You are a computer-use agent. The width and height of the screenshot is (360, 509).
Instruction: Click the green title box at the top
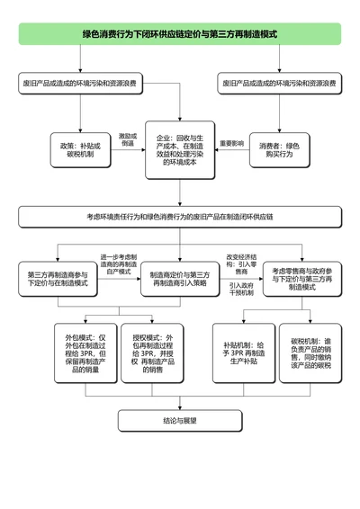pyautogui.click(x=180, y=34)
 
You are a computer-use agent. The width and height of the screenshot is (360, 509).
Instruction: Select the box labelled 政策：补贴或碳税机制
pyautogui.click(x=80, y=148)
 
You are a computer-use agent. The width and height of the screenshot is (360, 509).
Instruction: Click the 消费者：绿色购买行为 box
pyautogui.click(x=279, y=148)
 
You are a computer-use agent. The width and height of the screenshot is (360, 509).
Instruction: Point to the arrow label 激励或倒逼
pyautogui.click(x=127, y=139)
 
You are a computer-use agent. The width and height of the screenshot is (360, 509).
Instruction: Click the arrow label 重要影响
pyautogui.click(x=231, y=143)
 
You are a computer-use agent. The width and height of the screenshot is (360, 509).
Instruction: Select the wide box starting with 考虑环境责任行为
pyautogui.click(x=180, y=218)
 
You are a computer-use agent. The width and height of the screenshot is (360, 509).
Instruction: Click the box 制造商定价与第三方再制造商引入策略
pyautogui.click(x=179, y=278)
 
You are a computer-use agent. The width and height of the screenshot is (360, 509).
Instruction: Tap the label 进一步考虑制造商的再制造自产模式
pyautogui.click(x=118, y=263)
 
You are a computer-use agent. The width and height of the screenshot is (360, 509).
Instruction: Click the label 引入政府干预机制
pyautogui.click(x=240, y=289)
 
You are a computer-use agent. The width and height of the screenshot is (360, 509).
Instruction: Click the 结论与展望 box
pyautogui.click(x=180, y=420)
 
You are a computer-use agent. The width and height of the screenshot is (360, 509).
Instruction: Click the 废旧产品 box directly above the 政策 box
pyautogui.click(x=80, y=84)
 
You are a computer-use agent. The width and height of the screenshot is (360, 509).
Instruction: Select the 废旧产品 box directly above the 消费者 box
pyautogui.click(x=279, y=84)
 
